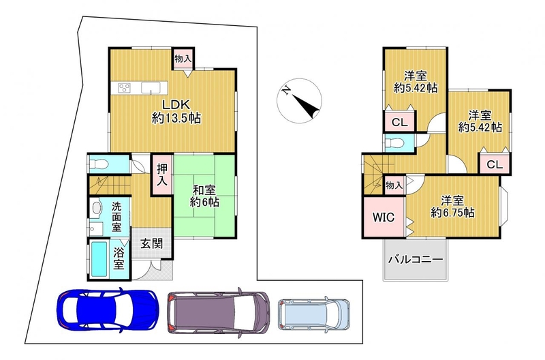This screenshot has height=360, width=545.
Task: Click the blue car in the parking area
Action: pos(108,309)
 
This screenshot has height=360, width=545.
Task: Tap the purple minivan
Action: pos(218,311)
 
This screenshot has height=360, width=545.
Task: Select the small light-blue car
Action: pos(314,314)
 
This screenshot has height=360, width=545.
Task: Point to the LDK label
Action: pos(176,104)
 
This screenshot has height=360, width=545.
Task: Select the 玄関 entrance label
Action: pos(152,243)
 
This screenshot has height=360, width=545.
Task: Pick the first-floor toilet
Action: pos(99,164)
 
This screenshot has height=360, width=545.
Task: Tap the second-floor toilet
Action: pos(395,142)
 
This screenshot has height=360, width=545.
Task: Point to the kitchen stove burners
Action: pos(124,88)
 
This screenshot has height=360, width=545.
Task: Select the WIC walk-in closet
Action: pos(384,217)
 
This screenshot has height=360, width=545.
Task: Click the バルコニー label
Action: pos(416,260)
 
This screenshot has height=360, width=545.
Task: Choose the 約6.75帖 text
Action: pos(452,213)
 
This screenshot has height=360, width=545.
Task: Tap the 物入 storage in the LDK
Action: pos(183,58)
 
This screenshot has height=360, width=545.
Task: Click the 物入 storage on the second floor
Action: pos(394,185)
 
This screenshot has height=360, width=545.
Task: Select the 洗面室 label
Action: pos(116,217)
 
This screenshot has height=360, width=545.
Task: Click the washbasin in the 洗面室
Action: pos(96,208)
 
